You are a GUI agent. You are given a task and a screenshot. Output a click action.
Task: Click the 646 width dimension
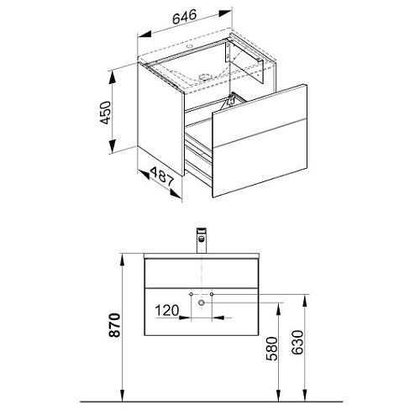[x=184, y=17]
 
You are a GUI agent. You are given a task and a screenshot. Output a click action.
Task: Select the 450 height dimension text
[x=106, y=113]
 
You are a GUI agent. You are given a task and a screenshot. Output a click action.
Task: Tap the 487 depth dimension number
[x=162, y=177]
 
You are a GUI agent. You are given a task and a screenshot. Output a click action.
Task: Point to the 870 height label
[x=114, y=325]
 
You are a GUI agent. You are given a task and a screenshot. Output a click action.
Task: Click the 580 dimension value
[x=271, y=349]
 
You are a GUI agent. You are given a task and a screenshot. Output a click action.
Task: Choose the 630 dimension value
[x=297, y=343]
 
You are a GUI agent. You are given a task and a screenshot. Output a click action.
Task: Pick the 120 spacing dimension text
[x=167, y=311]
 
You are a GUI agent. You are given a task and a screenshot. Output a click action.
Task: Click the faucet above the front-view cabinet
[x=202, y=240]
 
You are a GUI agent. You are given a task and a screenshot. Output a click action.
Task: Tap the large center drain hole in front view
[x=201, y=302]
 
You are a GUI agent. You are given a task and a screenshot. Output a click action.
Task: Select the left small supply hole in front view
[x=191, y=294]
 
